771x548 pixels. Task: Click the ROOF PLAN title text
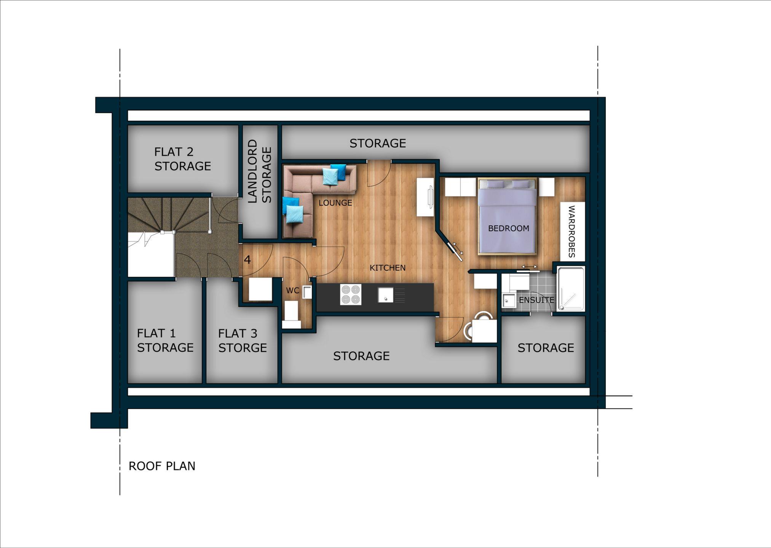coord(162,466)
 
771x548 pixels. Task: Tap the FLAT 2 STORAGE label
coord(182,159)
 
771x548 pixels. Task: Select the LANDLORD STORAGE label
coord(260,171)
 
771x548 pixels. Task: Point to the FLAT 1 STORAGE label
coord(165,340)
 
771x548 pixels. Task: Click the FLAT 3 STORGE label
coord(243,341)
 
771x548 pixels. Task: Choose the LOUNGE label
coord(335,203)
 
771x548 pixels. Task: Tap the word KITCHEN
coord(388,268)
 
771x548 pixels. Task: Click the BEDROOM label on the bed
coord(509,228)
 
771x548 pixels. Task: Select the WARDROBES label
coord(571,232)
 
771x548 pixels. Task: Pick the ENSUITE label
coord(536,300)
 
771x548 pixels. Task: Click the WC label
coord(292,291)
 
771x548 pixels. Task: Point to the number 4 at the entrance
coord(247,260)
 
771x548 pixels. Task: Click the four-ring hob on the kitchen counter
coord(351,294)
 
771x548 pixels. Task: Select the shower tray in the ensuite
coord(571,289)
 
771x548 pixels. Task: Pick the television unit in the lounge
coord(426,197)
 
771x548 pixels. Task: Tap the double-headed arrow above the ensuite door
coord(529,267)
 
